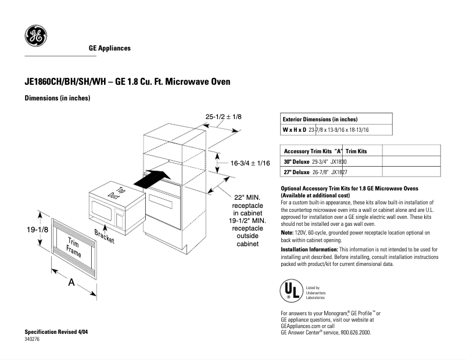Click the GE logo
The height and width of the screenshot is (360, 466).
point(35,37)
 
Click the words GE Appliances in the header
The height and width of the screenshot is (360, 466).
point(109,48)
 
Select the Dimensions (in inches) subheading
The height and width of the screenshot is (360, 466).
point(57,98)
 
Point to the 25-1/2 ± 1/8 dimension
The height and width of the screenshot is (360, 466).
point(223,117)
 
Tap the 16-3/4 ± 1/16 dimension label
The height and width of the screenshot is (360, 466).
point(250,164)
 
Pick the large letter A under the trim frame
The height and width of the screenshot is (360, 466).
point(72,282)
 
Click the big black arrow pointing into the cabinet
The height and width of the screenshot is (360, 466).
point(153,178)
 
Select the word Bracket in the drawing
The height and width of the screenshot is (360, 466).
point(104,237)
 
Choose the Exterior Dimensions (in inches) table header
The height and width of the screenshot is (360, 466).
point(320,118)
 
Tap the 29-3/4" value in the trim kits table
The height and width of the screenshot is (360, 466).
point(321,161)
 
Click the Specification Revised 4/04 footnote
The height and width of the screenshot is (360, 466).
point(60,331)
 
